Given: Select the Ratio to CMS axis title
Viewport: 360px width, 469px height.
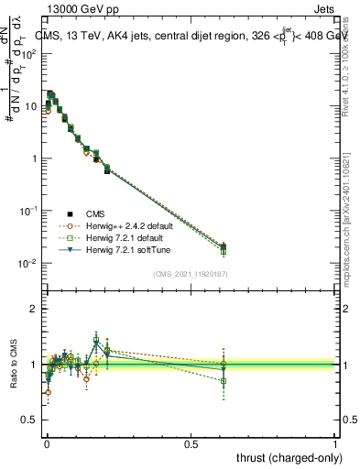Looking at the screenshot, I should click(x=14, y=365).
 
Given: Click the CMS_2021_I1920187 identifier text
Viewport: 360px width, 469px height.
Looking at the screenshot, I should click(x=190, y=272).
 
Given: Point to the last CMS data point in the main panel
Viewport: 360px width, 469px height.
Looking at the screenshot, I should click(x=224, y=245).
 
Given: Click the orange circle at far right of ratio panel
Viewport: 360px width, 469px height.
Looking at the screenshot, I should click(x=224, y=364).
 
